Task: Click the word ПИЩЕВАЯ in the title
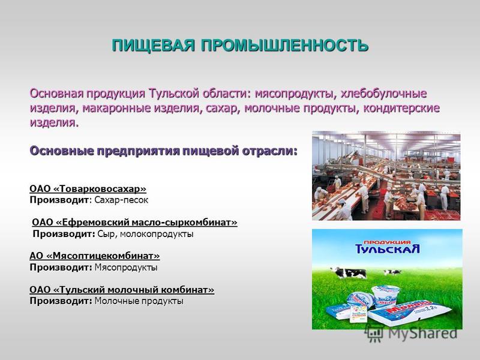point(153,46)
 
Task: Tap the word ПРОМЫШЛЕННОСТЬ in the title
point(284,46)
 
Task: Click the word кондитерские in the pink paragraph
point(401,108)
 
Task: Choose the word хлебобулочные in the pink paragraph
point(383,94)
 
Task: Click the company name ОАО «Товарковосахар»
point(88,188)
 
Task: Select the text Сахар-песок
point(121,200)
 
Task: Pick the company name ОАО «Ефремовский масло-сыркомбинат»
point(134,222)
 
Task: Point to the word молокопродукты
point(157,234)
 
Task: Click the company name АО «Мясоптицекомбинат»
point(95,256)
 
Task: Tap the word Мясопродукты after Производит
point(126,268)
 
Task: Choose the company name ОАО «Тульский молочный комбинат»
point(122,289)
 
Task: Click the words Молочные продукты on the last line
point(139,301)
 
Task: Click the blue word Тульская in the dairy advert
point(387,248)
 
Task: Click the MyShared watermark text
point(422,333)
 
